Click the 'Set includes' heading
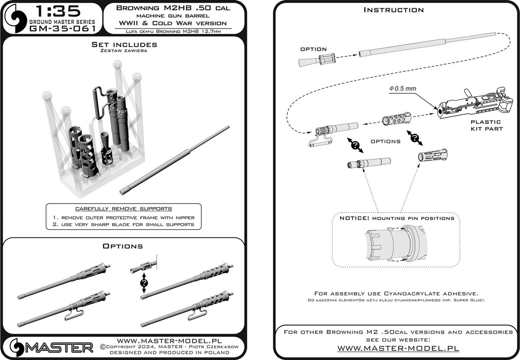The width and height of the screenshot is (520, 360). [124, 45]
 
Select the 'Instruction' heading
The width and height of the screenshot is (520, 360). [393, 10]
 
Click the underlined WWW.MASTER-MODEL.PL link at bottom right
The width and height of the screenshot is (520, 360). [398, 348]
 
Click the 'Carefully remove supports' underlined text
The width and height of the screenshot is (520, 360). [123, 209]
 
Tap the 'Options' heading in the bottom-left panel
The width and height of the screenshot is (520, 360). [123, 246]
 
